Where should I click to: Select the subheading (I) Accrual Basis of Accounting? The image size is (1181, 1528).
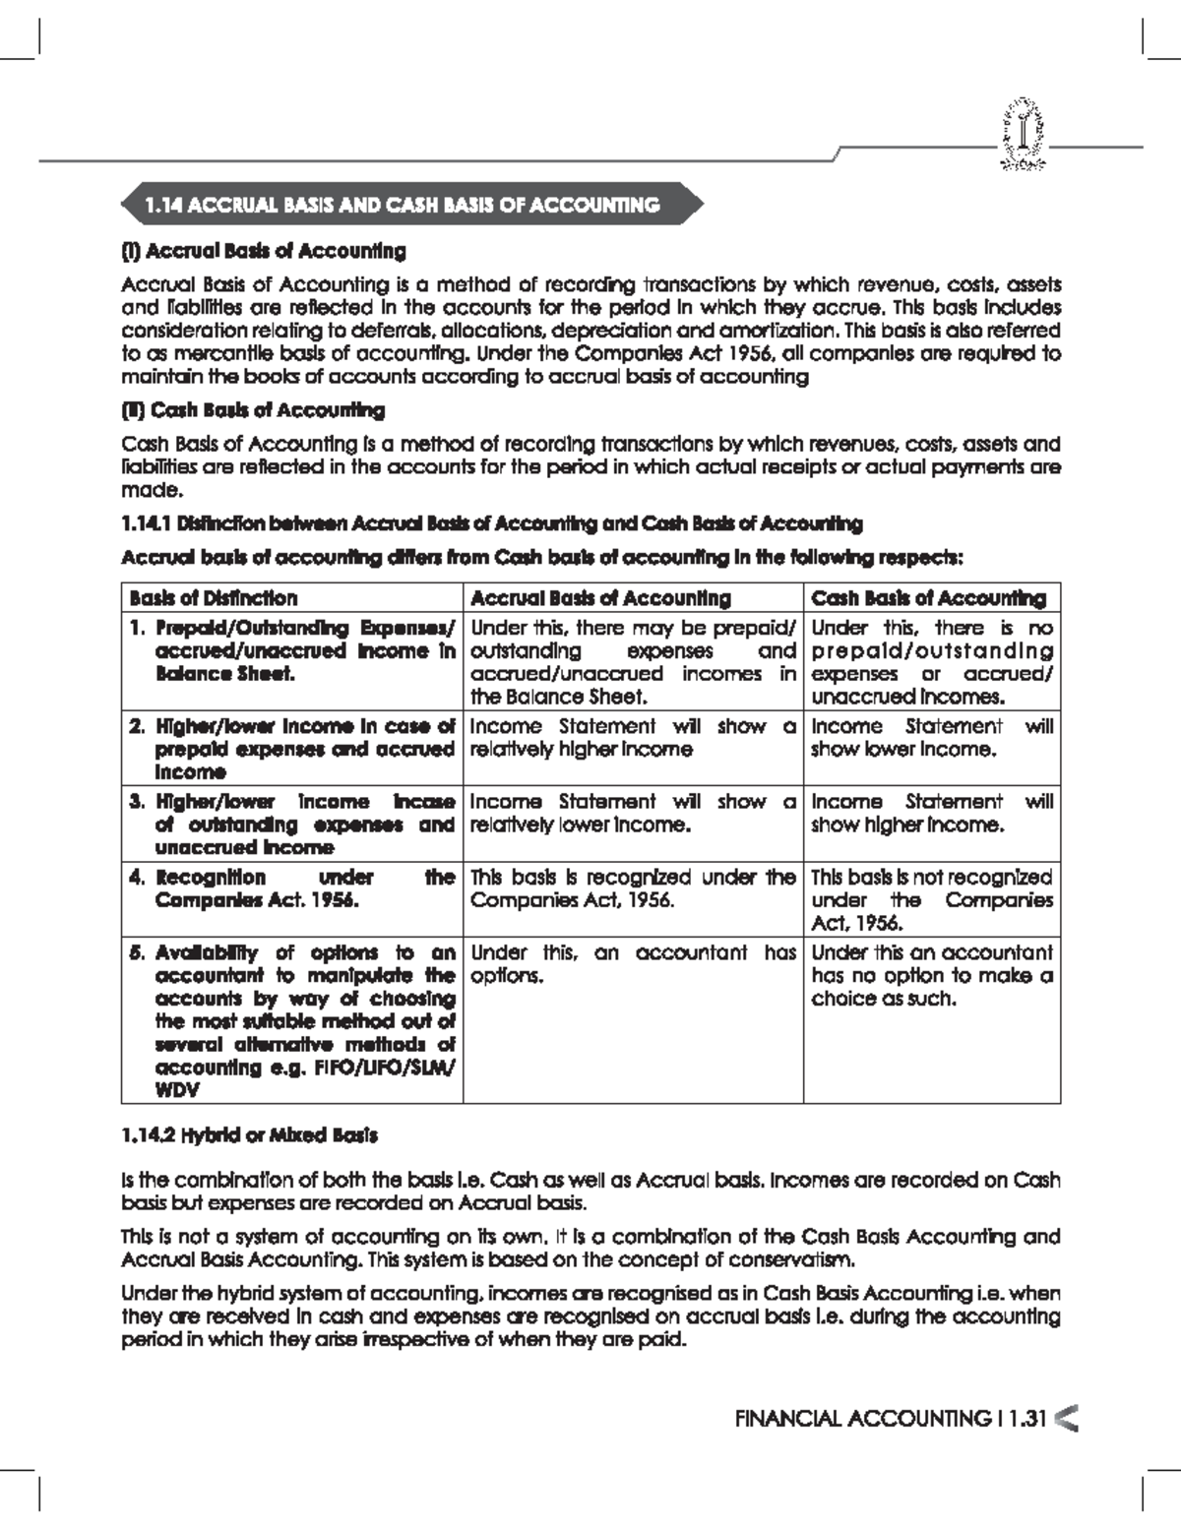(x=263, y=251)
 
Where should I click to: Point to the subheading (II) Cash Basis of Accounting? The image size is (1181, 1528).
(x=252, y=410)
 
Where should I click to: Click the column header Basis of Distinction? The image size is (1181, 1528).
(x=213, y=598)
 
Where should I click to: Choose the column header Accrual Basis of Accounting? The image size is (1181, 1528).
(x=600, y=598)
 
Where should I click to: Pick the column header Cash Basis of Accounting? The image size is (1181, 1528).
(x=928, y=598)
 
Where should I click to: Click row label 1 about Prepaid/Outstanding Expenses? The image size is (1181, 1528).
(x=293, y=650)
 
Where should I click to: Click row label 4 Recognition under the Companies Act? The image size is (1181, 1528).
(x=293, y=888)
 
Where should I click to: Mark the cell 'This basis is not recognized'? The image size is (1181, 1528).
(x=931, y=899)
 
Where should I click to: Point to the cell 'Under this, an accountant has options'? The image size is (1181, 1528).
(x=632, y=964)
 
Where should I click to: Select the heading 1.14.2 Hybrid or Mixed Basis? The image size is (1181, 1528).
(x=249, y=1135)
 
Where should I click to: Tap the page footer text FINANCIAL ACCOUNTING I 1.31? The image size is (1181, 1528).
(x=889, y=1418)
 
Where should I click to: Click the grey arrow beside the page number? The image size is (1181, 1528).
(x=1065, y=1418)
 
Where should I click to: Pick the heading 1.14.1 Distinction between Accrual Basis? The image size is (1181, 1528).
(x=491, y=523)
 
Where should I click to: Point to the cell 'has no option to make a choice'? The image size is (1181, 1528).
(x=931, y=975)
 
